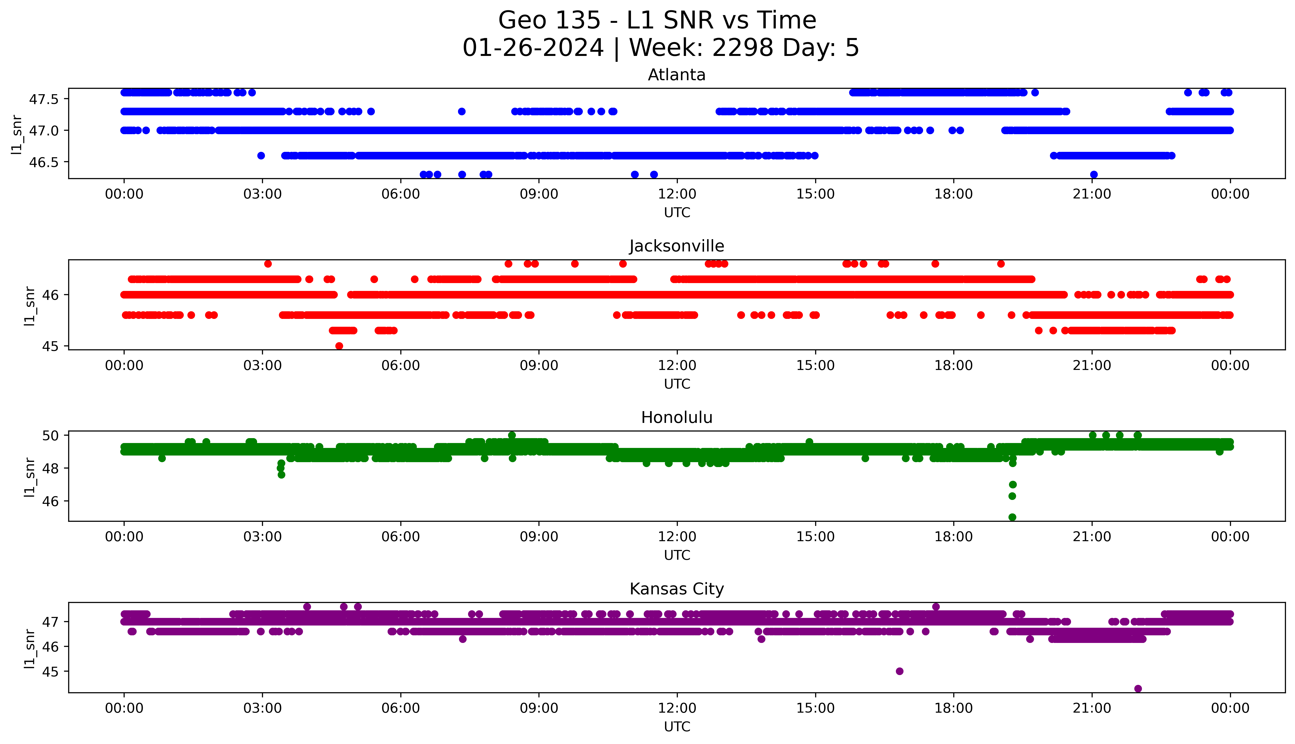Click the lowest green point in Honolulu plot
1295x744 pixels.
(x=1012, y=517)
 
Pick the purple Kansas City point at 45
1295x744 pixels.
(x=900, y=671)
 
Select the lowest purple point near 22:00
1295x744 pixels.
(x=1138, y=688)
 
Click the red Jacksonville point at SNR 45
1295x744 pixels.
(x=339, y=346)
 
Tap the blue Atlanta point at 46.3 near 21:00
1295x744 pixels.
(x=1094, y=174)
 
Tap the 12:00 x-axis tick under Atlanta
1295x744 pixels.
(x=677, y=194)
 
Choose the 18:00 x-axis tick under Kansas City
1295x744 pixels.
(x=953, y=708)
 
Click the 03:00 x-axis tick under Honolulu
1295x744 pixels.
(x=262, y=536)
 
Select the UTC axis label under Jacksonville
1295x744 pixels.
(x=677, y=384)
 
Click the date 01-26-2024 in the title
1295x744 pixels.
(x=533, y=48)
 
